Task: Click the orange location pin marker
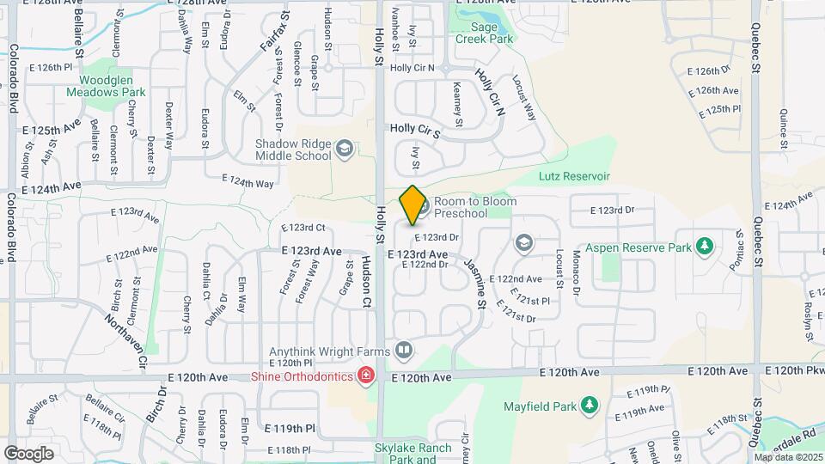tap(412, 205)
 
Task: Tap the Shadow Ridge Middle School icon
tap(345, 149)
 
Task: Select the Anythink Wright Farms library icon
tap(404, 350)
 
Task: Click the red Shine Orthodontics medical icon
tap(365, 376)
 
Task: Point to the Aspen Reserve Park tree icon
tap(705, 247)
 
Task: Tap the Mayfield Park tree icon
tap(589, 404)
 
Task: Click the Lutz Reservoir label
tap(573, 176)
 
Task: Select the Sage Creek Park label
tap(485, 34)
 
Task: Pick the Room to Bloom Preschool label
tap(474, 207)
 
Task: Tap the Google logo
tap(28, 453)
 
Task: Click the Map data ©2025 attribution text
tap(788, 457)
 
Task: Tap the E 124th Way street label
tap(248, 182)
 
